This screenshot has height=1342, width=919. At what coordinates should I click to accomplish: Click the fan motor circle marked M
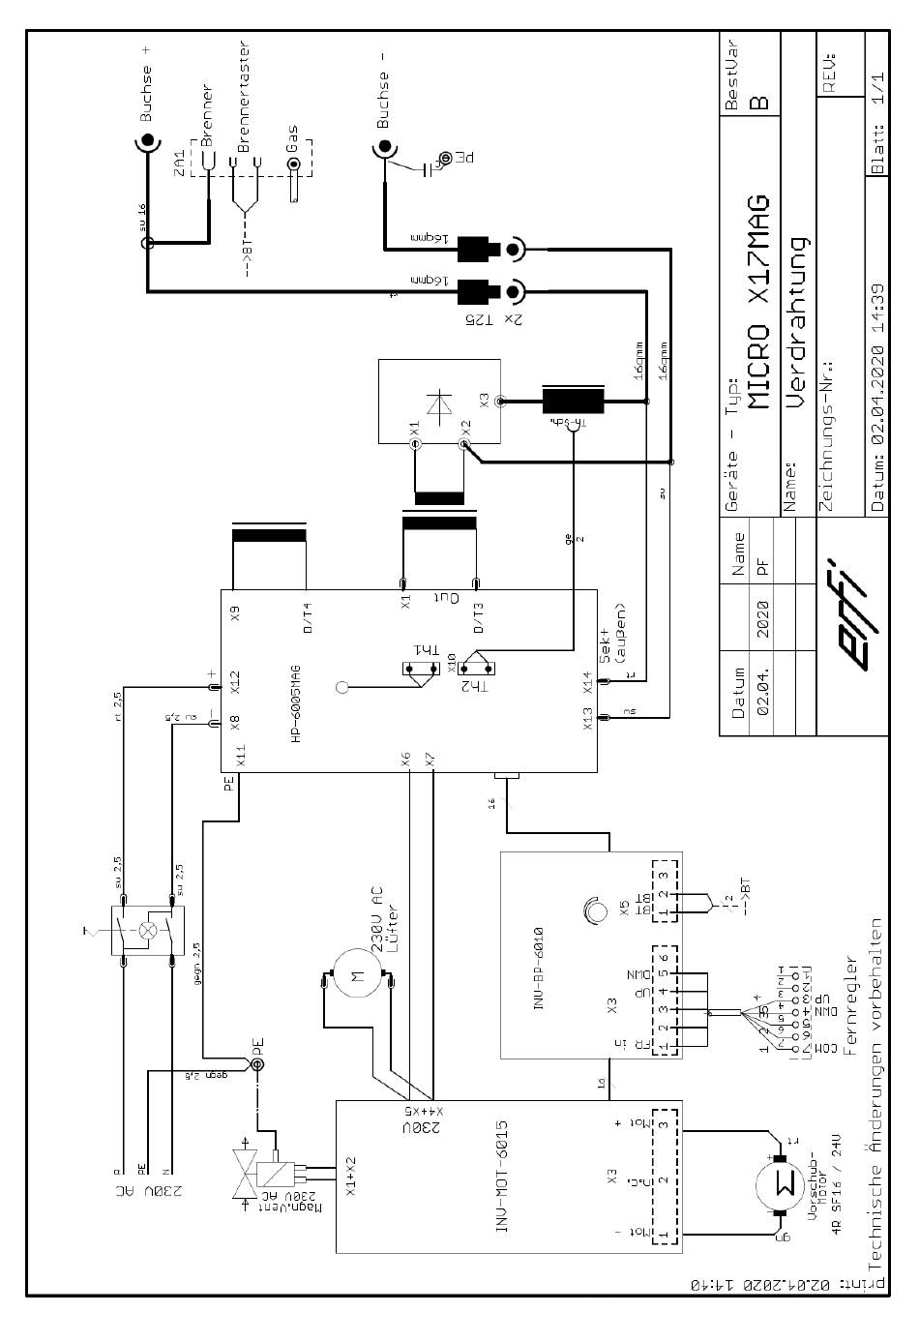pyautogui.click(x=353, y=981)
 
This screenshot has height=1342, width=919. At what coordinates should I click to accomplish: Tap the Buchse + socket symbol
pyautogui.click(x=147, y=143)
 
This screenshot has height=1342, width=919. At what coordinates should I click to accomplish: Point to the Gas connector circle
pyautogui.click(x=295, y=164)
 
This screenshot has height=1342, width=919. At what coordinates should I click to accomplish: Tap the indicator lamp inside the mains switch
pyautogui.click(x=148, y=930)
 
